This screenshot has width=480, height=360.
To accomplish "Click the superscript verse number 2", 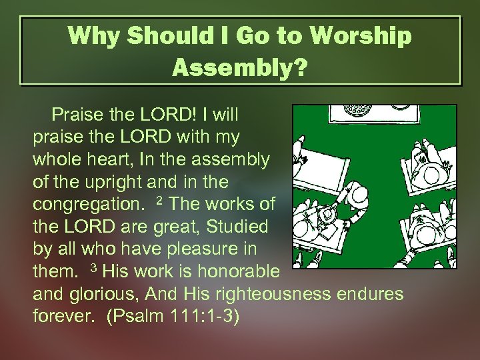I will click(x=159, y=200).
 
